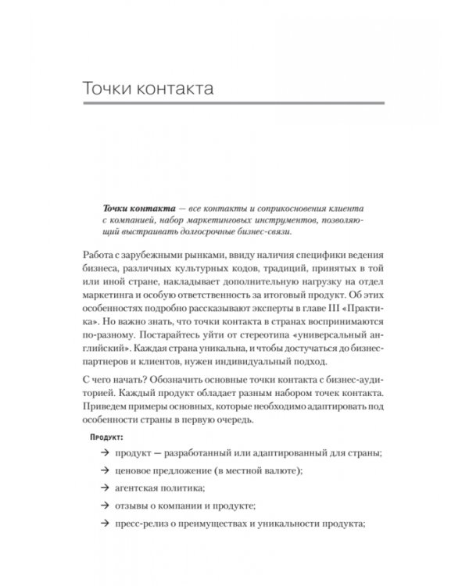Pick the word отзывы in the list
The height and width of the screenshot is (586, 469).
point(129,507)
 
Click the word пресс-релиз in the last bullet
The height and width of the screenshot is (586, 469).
point(141,525)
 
